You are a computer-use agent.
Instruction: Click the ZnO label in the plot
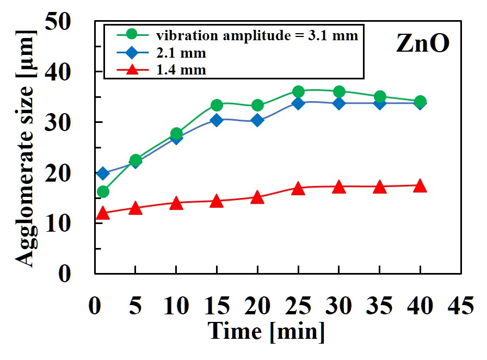[422, 44]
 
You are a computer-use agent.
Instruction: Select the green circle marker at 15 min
[217, 105]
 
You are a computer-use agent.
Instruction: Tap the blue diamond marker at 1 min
[103, 173]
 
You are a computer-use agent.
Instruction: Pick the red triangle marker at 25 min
[298, 189]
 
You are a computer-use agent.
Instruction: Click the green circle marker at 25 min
[298, 91]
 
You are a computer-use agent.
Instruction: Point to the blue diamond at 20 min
[257, 120]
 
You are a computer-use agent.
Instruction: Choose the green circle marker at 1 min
[103, 191]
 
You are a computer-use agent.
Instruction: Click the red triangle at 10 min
[176, 203]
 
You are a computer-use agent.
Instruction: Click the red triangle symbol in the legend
[131, 69]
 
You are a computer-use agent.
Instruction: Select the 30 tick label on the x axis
[338, 307]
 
